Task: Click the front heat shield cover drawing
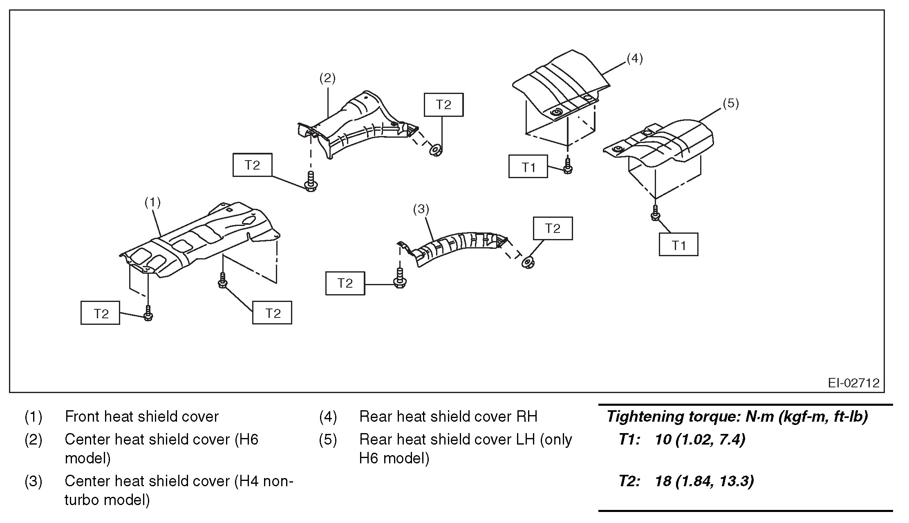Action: (196, 241)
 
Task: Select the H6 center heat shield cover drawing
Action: (356, 123)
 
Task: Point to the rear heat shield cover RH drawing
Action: (560, 88)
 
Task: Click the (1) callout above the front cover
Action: (152, 202)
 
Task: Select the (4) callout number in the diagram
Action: (634, 58)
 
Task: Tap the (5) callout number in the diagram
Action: (731, 103)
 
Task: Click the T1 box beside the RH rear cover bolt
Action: (528, 167)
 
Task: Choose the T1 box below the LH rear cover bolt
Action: (678, 245)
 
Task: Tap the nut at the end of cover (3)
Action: (528, 261)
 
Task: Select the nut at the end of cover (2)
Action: (436, 150)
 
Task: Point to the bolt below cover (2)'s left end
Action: (311, 182)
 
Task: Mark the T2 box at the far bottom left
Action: (101, 313)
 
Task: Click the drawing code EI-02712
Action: (853, 383)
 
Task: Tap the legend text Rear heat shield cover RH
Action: (448, 417)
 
